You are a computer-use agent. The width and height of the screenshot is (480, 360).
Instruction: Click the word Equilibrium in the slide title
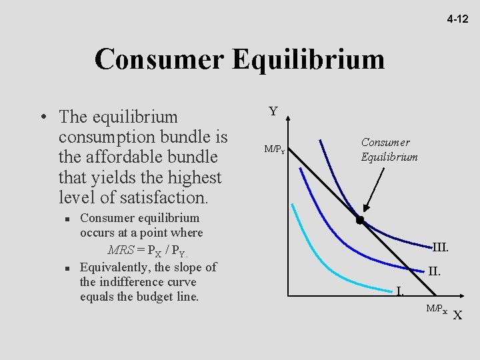pos(309,59)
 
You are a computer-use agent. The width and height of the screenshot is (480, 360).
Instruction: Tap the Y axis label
pos(273,111)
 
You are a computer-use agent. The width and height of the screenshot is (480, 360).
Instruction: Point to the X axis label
pos(457,315)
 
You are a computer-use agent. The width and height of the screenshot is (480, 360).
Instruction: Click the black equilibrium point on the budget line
pos(359,220)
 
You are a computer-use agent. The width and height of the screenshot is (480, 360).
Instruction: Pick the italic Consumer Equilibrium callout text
pos(390,150)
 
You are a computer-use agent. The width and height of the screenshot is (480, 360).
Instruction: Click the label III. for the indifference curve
pos(440,247)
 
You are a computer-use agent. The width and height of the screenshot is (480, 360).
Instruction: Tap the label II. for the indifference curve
pos(434,271)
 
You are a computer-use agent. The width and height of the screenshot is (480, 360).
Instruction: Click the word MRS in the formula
pos(121,251)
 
